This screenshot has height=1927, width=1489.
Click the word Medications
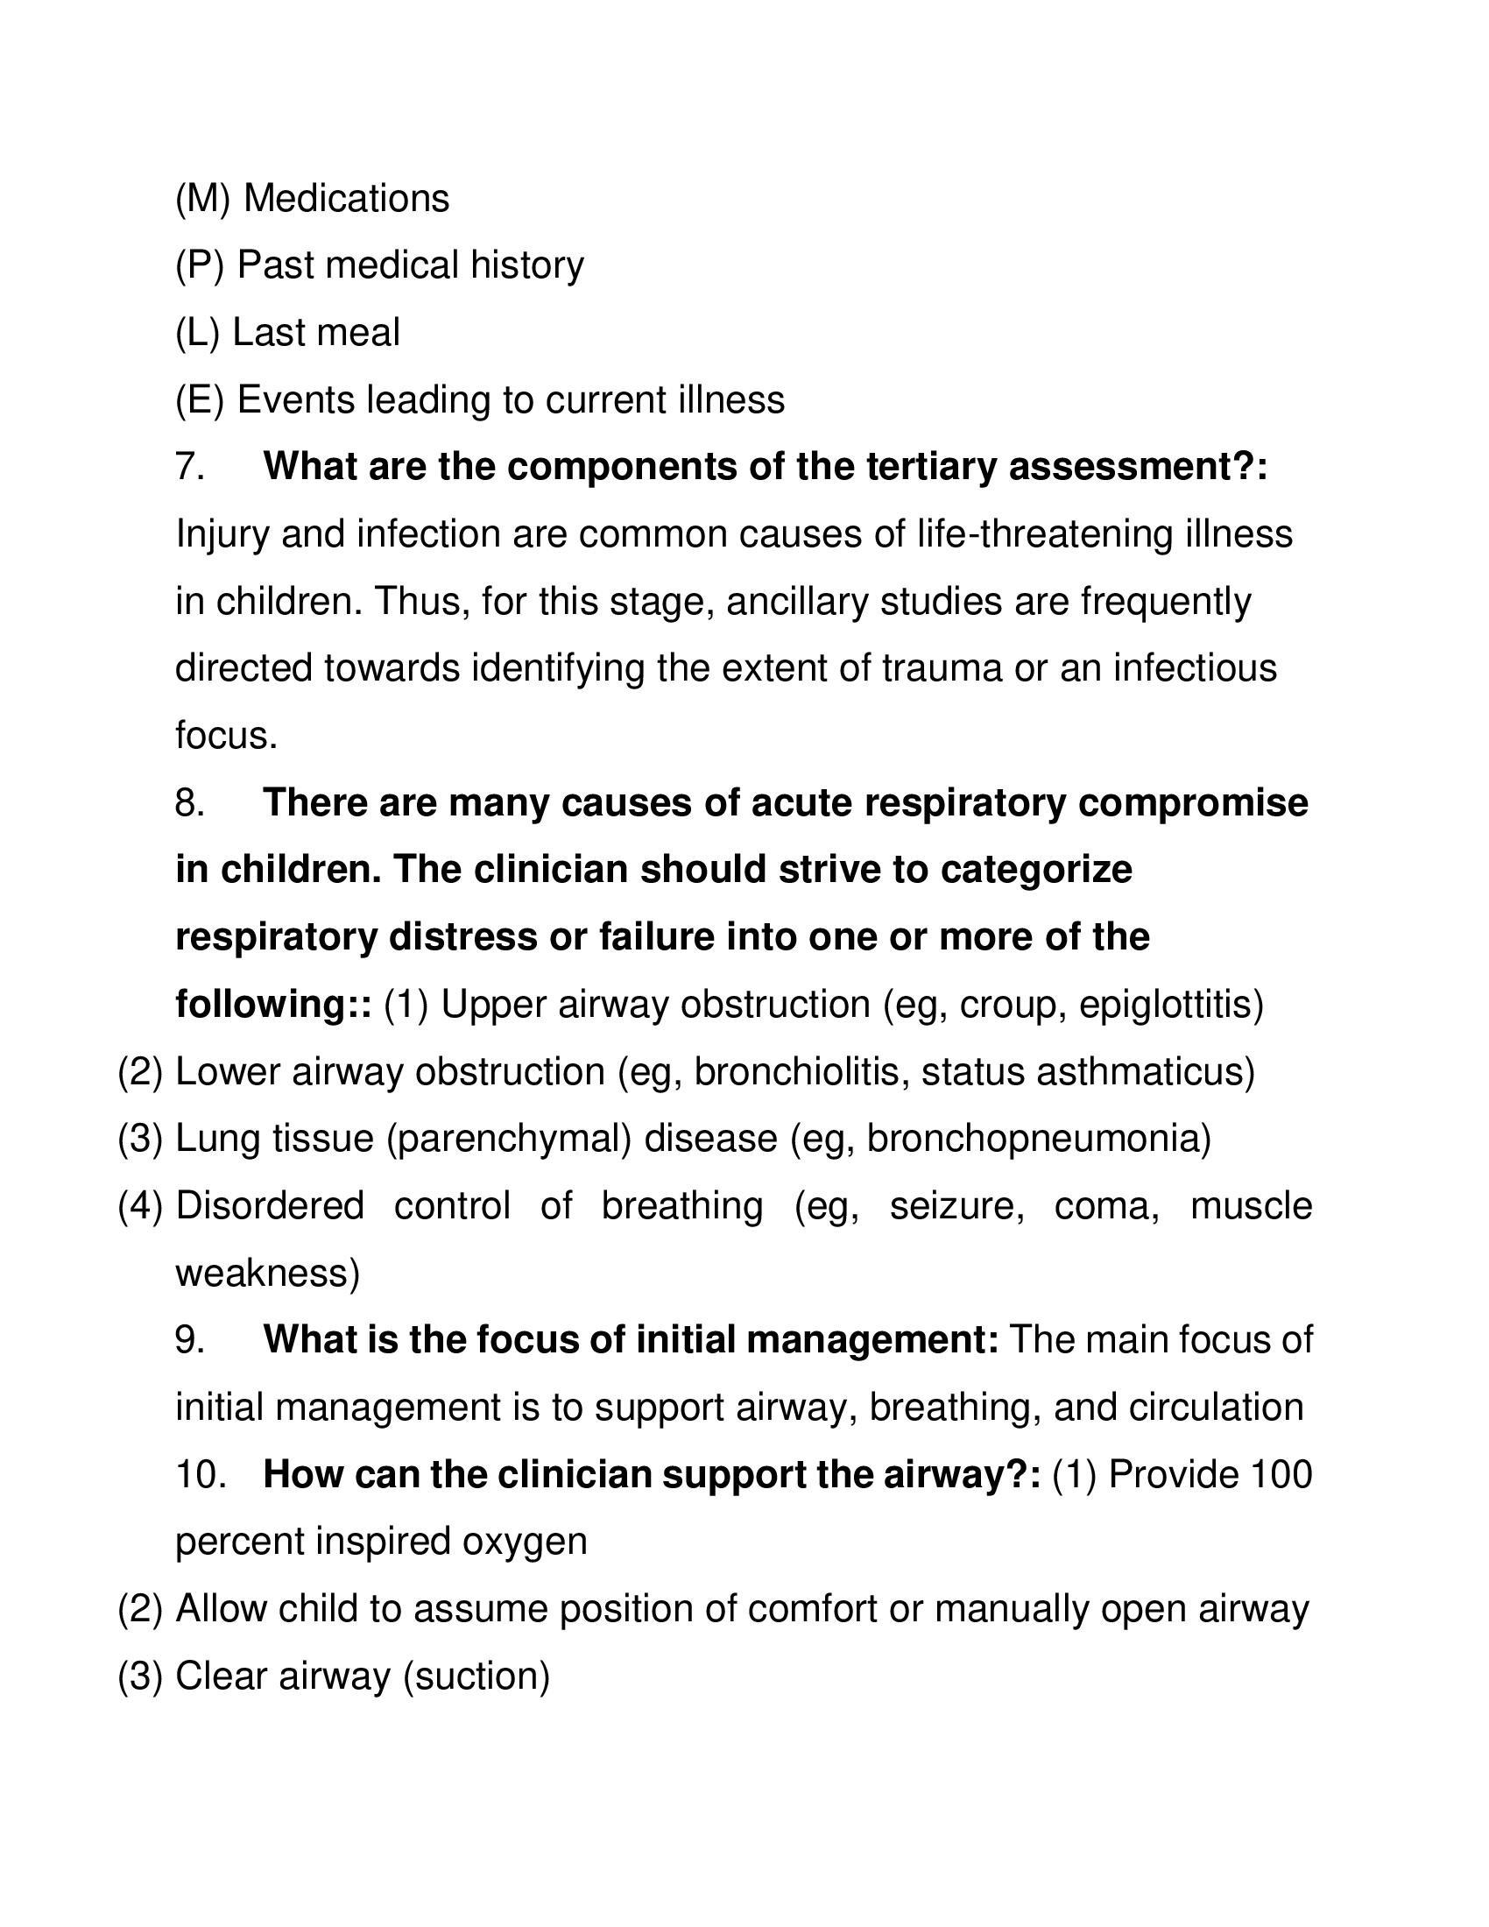point(346,199)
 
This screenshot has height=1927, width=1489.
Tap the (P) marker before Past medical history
point(200,265)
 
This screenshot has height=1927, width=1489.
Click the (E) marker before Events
point(200,399)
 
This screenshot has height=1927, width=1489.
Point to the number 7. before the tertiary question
point(191,467)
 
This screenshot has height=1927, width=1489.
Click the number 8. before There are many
point(191,803)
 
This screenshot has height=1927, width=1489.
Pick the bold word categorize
point(1035,870)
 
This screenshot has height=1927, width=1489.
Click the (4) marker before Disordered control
point(140,1206)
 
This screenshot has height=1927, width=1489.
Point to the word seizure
point(956,1206)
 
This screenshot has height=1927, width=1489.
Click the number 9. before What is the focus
point(191,1340)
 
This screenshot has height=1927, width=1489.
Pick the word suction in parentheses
point(476,1676)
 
